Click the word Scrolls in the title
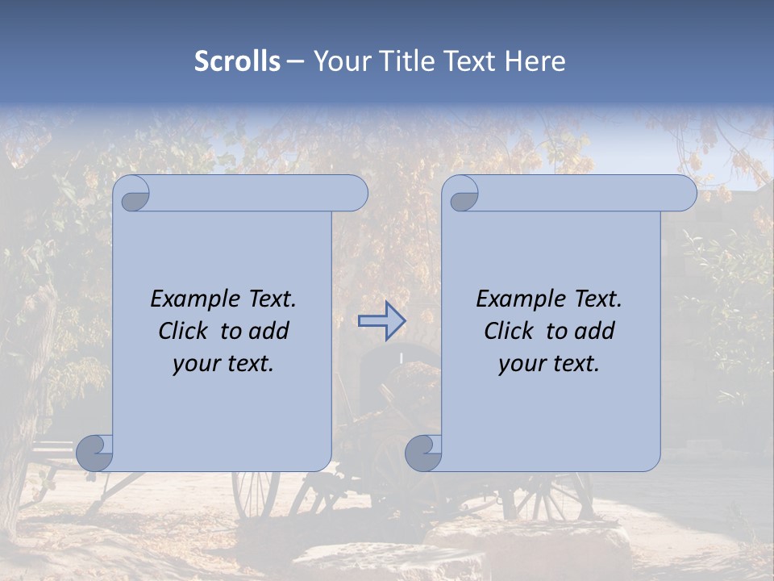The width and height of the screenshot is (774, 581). (x=237, y=61)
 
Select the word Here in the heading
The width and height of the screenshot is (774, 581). (x=535, y=61)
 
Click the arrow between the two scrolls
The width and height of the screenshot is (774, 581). (x=381, y=320)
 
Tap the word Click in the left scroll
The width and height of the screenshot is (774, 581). (x=177, y=331)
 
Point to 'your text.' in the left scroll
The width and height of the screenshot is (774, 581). (x=223, y=364)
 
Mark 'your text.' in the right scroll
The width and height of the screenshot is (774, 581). (x=549, y=364)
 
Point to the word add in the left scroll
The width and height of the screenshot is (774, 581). (x=268, y=331)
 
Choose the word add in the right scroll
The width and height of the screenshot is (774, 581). (x=594, y=331)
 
